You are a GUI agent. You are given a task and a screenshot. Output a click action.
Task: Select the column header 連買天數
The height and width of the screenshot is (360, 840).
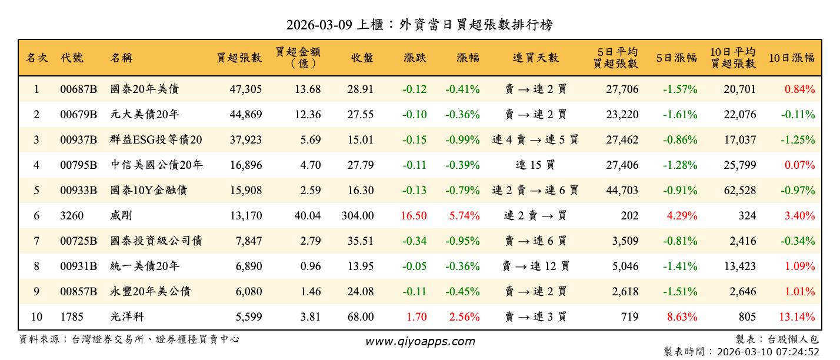[535, 58]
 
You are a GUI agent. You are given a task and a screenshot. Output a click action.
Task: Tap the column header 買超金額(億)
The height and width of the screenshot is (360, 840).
[298, 58]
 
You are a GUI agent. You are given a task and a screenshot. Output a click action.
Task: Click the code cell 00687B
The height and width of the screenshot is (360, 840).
[78, 89]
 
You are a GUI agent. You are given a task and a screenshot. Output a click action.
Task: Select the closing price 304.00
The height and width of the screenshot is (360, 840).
[357, 216]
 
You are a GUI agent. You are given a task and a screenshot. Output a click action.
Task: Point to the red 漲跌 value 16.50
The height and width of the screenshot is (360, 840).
[414, 216]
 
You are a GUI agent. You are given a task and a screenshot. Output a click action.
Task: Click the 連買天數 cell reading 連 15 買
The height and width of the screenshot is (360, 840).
[535, 165]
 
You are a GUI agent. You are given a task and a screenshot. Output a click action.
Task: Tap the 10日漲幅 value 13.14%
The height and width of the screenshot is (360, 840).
[797, 317]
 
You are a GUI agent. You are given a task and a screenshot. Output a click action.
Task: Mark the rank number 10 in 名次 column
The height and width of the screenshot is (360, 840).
[36, 317]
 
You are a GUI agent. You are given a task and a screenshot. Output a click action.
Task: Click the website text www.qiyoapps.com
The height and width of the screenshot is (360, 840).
[420, 341]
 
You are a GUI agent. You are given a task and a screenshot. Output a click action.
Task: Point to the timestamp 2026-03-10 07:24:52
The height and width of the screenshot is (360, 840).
[767, 352]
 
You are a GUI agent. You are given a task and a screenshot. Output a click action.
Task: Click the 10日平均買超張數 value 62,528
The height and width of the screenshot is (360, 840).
[739, 191]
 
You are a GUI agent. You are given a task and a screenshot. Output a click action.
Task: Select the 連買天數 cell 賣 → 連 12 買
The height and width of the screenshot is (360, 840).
[535, 266]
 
